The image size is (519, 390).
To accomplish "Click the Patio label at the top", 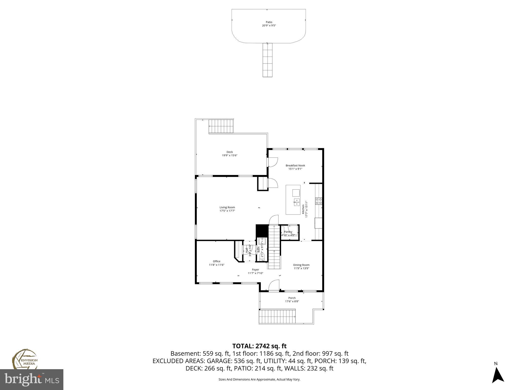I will pyautogui.click(x=269, y=22).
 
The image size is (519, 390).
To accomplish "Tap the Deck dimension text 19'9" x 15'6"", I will pyautogui.click(x=230, y=155).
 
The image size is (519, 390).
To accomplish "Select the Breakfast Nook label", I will pyautogui.click(x=295, y=165).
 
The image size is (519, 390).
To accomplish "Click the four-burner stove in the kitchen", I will pyautogui.click(x=319, y=201).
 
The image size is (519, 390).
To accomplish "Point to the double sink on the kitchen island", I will pyautogui.click(x=296, y=203).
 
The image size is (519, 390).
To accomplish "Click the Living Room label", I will pyautogui.click(x=227, y=207).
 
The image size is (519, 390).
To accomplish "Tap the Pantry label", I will pyautogui.click(x=288, y=232).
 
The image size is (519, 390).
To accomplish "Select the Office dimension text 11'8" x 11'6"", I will pyautogui.click(x=217, y=265).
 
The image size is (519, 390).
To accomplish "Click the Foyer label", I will pyautogui.click(x=255, y=270).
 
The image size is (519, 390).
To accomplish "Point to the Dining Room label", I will pyautogui.click(x=301, y=265).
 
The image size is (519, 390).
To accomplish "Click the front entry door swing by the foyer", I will pyautogui.click(x=274, y=285).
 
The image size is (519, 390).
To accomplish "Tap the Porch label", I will pyautogui.click(x=292, y=298).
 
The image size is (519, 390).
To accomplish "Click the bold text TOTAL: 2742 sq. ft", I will pyautogui.click(x=259, y=346).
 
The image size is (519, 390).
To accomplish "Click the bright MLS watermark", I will pyautogui.click(x=32, y=380).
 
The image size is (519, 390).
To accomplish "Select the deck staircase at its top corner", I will pyautogui.click(x=221, y=126).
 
